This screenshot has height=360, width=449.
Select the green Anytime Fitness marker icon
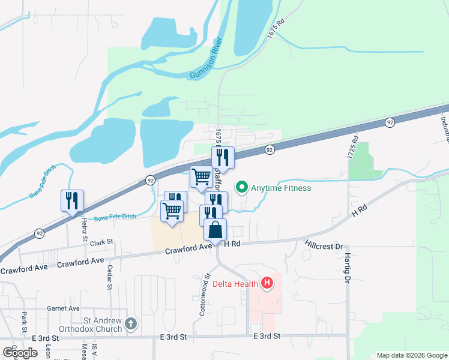pos(242,188)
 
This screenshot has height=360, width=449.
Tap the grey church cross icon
pos(131,325)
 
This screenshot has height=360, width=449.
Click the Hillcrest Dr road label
pos(323,247)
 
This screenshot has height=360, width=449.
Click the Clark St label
pos(101,243)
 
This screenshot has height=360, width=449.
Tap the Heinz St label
pos(85,227)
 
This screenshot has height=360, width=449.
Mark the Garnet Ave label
pos(63,308)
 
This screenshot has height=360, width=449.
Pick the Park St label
pos(25,322)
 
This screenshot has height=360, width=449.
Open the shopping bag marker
pos(215,230)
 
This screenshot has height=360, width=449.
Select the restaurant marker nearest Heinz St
pos(72,200)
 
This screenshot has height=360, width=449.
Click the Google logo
pos(20,353)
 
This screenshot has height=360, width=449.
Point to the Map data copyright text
pos(412,355)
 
